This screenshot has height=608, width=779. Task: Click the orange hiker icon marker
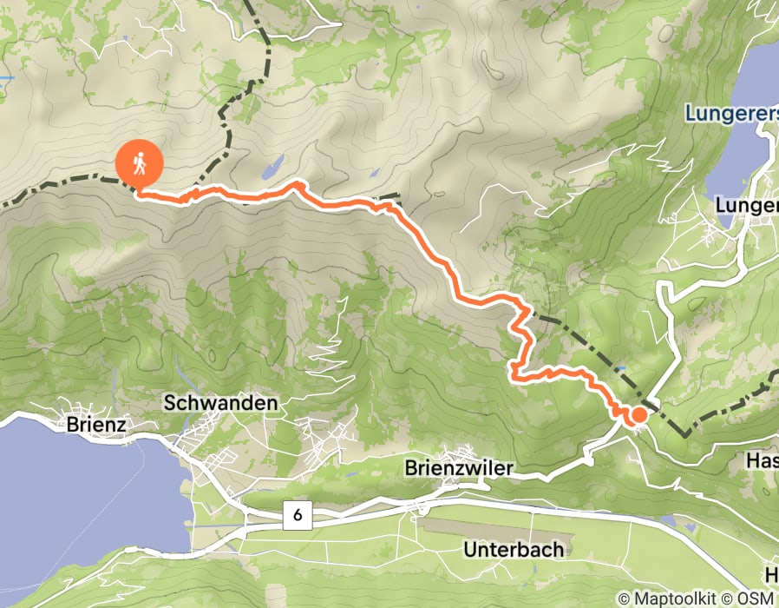click(140, 162)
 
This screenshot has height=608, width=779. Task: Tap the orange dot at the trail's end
click(638, 414)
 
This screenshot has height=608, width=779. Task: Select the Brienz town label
click(96, 425)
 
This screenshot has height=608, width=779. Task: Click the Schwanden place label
click(221, 403)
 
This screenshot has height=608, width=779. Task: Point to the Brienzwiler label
click(459, 468)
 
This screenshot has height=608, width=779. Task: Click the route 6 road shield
click(297, 515)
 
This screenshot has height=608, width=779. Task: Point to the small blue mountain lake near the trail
click(273, 164)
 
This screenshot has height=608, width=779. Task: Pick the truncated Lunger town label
click(747, 206)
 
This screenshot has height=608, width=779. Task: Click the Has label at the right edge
click(763, 460)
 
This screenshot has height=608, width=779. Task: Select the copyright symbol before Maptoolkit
click(624, 598)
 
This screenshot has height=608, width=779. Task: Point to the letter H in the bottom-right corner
click(771, 575)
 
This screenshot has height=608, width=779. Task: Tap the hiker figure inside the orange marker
click(140, 161)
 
